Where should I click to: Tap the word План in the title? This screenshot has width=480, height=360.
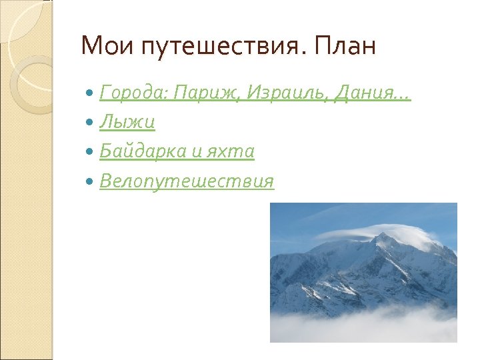coord(347,47)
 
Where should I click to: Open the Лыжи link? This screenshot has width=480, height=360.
coord(127,123)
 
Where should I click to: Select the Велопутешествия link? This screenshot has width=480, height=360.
coord(187,181)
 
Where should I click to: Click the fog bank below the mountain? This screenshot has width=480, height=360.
coord(363,327)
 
